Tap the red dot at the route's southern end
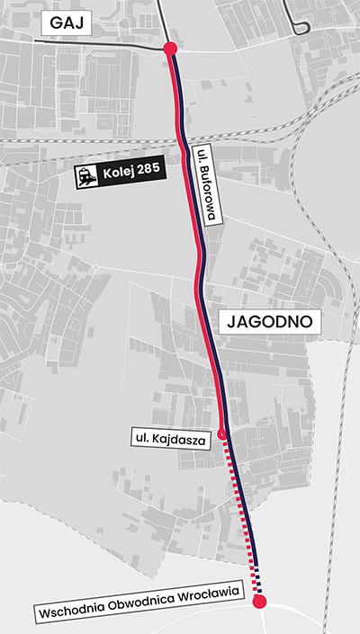point(260,602)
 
